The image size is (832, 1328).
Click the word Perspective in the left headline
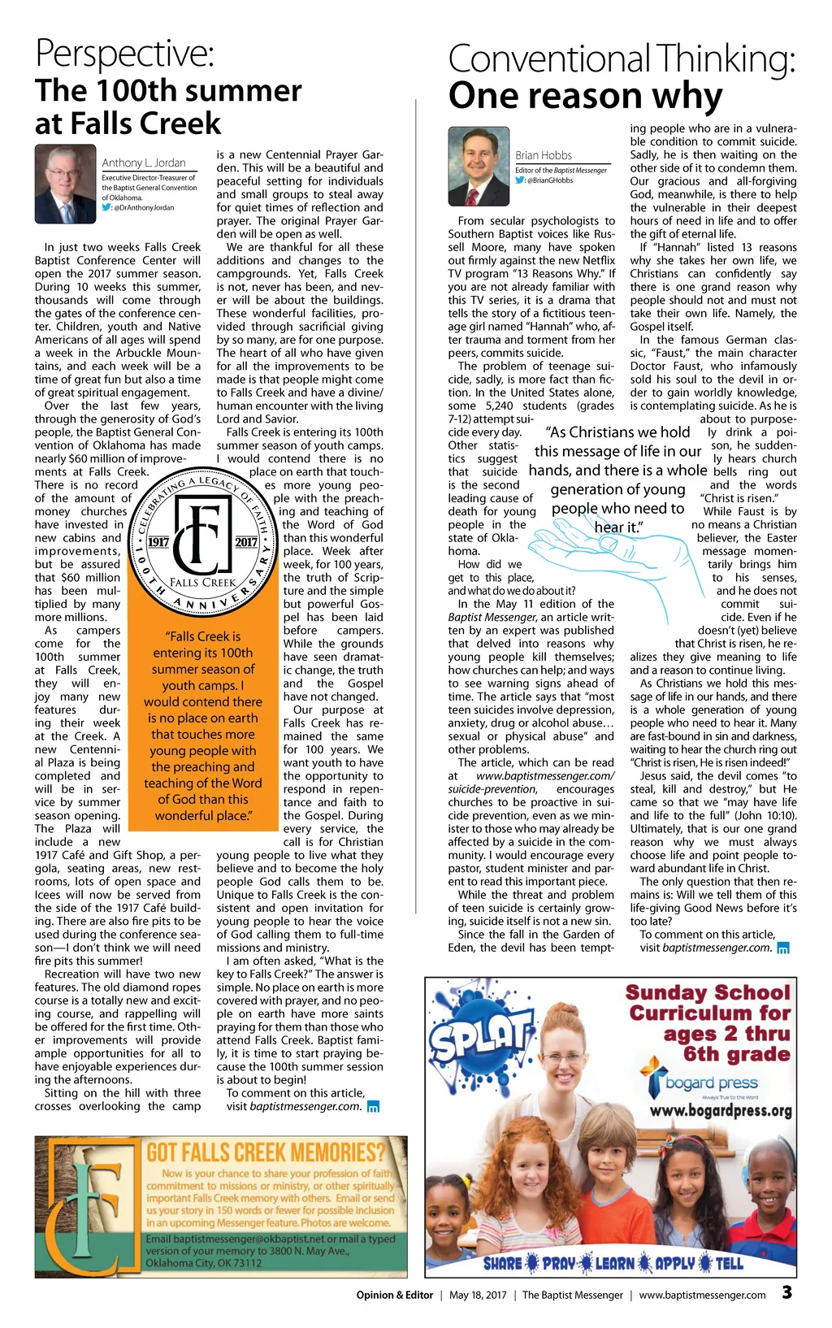click(x=124, y=54)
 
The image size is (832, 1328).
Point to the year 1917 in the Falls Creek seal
click(x=158, y=542)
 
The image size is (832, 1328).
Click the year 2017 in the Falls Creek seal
click(x=246, y=542)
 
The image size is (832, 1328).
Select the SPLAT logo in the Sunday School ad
click(x=479, y=1039)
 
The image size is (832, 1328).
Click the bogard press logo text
click(x=711, y=1083)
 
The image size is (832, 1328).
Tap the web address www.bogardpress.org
click(x=721, y=1110)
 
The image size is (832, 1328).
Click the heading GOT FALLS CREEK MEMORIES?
click(x=266, y=1152)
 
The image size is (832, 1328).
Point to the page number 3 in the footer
click(x=786, y=1292)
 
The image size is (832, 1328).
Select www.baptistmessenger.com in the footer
click(x=702, y=1295)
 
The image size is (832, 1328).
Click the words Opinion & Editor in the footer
click(x=394, y=1295)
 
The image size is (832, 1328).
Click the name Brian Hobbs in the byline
click(x=544, y=155)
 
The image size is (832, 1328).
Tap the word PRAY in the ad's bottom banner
click(x=559, y=1263)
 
